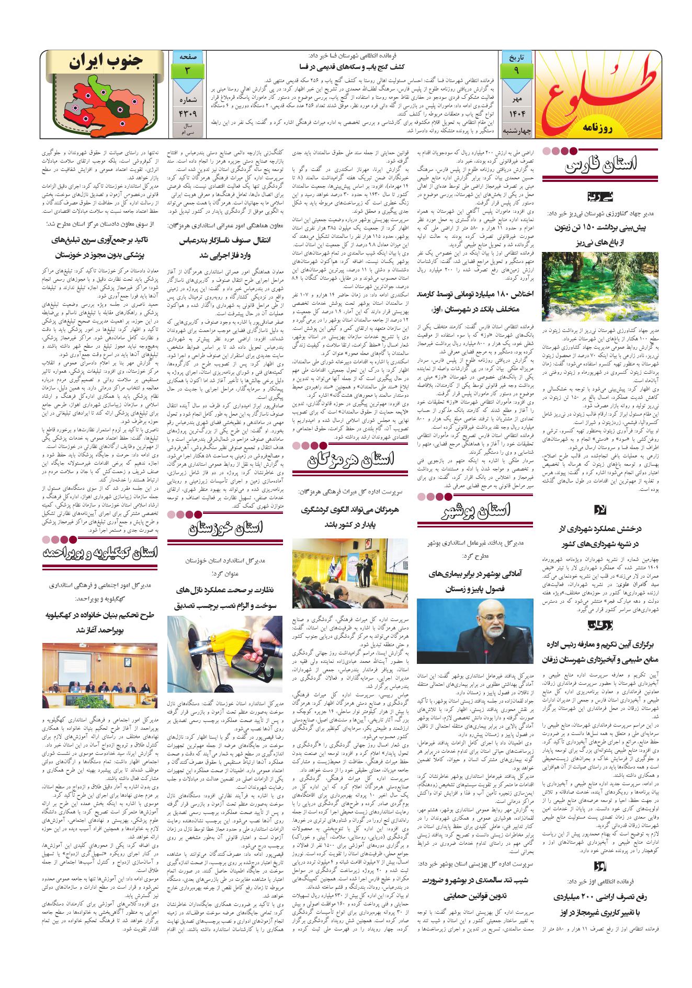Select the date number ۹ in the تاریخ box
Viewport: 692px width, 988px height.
click(x=516, y=70)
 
